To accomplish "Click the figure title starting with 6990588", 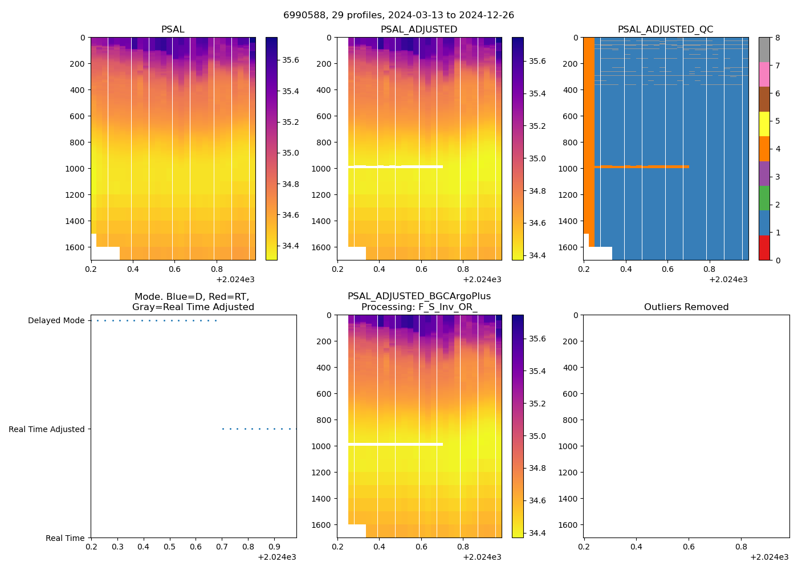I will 398,15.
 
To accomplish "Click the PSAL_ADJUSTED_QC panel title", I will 665,30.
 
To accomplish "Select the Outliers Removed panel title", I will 686,307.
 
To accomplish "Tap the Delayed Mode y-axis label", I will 56,321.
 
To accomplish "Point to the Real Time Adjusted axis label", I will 47,430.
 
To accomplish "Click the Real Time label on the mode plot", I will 65,538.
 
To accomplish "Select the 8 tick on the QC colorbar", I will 778,38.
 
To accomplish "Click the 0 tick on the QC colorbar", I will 778,260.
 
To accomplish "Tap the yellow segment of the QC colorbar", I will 764,124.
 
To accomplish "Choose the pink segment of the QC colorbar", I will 764,75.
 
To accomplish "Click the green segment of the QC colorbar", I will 764,198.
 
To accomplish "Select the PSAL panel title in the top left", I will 173,30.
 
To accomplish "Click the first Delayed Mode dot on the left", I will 97,321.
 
